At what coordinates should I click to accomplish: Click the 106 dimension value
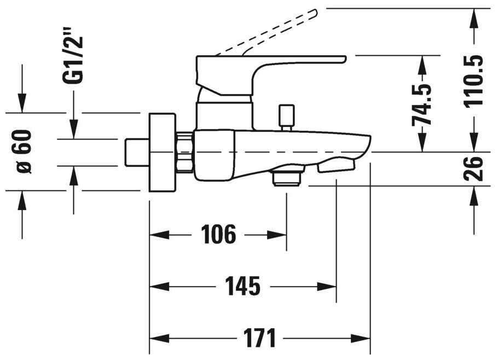click(218, 234)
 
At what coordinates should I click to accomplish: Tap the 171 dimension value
click(259, 338)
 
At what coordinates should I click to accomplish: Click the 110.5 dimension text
click(473, 81)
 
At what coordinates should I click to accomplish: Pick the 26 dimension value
click(473, 169)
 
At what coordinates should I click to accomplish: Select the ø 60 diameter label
click(24, 152)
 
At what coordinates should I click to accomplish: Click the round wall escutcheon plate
click(162, 153)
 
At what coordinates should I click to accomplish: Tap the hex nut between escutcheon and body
click(185, 153)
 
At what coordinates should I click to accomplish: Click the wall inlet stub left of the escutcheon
click(137, 152)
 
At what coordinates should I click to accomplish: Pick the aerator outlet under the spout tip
click(336, 166)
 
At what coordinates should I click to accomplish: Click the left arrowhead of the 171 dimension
click(159, 338)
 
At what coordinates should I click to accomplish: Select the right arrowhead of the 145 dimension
click(327, 287)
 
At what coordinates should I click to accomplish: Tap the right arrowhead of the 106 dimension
click(278, 235)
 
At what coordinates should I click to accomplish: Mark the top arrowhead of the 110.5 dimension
click(474, 18)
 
